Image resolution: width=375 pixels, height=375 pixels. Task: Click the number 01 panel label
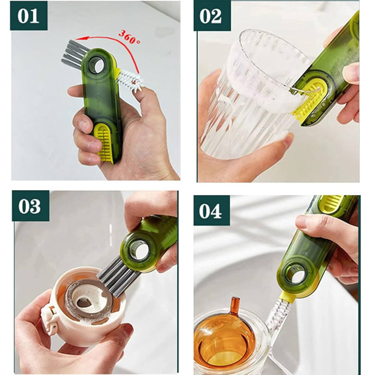click(x=29, y=16)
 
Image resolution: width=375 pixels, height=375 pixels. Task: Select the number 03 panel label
click(x=30, y=206)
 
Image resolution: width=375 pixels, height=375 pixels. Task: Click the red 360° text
click(x=129, y=37)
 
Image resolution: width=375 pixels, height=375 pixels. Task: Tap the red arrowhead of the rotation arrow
click(x=80, y=39)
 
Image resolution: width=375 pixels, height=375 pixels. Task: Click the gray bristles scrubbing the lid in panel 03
click(x=118, y=276)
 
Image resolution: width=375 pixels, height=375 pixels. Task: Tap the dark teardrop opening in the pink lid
click(x=85, y=303)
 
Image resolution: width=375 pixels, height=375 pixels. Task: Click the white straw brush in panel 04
click(x=277, y=316)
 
